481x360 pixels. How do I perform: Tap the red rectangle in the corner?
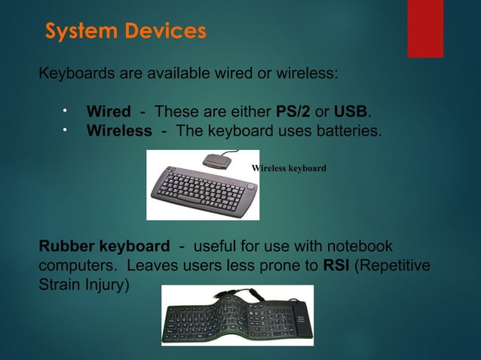424,28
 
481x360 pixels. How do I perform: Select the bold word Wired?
109,112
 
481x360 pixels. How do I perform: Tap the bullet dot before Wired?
65,111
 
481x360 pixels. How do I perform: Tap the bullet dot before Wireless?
65,131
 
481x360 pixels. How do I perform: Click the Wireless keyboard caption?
290,169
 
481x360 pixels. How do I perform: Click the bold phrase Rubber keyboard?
104,247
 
